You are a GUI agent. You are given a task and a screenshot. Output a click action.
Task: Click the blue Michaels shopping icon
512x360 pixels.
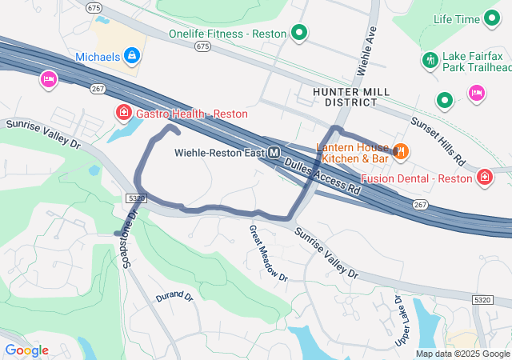point(133,56)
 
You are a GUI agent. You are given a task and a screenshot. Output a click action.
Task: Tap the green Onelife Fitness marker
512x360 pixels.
point(299,33)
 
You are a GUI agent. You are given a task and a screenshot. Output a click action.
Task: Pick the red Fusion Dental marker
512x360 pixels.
point(484,177)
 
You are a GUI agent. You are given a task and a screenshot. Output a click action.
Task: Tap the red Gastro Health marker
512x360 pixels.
point(124,113)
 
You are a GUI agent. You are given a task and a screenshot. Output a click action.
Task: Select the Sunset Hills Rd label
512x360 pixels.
point(438,141)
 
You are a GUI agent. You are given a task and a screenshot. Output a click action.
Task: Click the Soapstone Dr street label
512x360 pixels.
point(130,240)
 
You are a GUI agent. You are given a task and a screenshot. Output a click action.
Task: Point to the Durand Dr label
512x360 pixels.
point(175,296)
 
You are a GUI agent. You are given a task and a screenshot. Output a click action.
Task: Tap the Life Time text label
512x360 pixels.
point(457,18)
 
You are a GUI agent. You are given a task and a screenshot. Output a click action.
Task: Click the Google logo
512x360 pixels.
point(26,350)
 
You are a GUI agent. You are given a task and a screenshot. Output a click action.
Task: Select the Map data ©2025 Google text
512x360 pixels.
point(462,354)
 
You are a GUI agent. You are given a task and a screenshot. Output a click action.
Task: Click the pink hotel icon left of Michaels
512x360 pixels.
point(48,79)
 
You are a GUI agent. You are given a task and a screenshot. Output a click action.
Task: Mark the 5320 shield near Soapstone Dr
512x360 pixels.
point(137,197)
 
